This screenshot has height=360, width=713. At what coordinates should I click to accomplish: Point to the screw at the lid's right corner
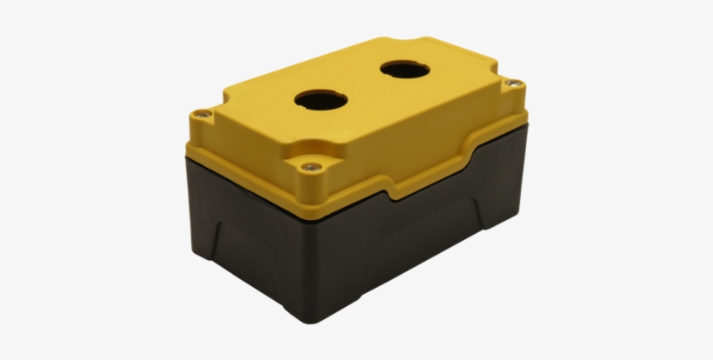point(513,83)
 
